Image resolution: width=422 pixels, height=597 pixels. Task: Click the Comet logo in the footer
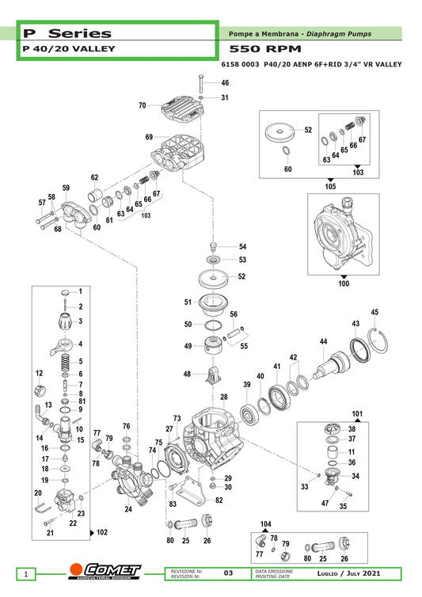[x=105, y=571]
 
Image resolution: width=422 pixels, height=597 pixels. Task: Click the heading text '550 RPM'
[x=265, y=49]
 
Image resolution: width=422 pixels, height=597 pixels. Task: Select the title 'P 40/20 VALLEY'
[x=69, y=49]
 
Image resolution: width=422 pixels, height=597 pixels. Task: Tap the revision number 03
[x=228, y=573]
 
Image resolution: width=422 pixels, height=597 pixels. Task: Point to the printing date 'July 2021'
[x=363, y=573]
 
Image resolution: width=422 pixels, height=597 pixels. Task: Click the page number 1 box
[x=26, y=574]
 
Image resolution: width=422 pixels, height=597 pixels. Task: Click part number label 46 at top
[x=225, y=82]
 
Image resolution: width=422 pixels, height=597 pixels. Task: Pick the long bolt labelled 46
[x=201, y=82]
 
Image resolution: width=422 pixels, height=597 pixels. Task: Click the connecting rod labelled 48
[x=215, y=375]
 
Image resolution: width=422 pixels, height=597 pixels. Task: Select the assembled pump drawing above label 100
[x=343, y=234]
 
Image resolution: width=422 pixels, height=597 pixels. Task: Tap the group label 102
[x=102, y=532]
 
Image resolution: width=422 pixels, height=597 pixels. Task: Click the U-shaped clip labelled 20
[x=43, y=508]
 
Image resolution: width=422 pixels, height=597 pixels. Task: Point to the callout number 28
[x=224, y=397]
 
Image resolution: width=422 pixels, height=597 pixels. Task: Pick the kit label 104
[x=266, y=524]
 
